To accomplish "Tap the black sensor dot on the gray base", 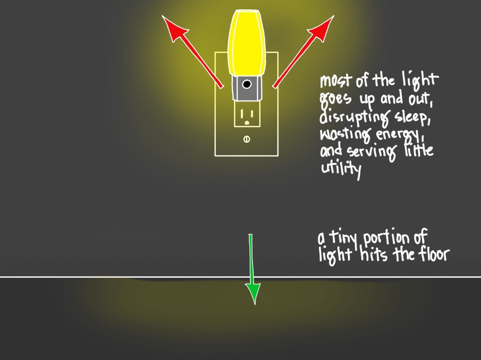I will (x=247, y=84).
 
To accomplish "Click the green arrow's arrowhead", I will (x=253, y=293).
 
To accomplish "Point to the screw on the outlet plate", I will (x=247, y=139).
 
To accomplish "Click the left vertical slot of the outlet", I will (x=242, y=114).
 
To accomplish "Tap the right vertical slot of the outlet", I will (x=251, y=114).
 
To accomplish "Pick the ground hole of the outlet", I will (x=247, y=123).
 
